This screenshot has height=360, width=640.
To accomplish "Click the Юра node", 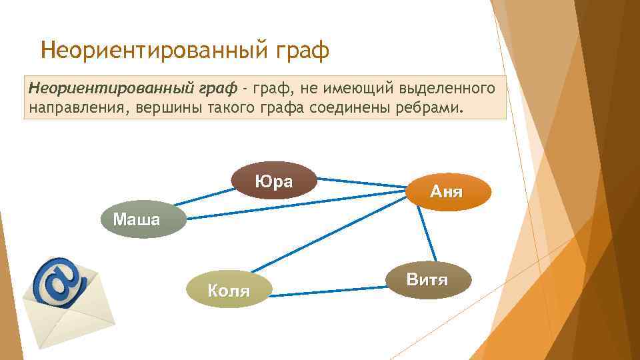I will pyautogui.click(x=273, y=181).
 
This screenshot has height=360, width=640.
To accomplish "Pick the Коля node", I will pyautogui.click(x=229, y=290).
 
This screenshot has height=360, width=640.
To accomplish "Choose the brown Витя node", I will pyautogui.click(x=427, y=279).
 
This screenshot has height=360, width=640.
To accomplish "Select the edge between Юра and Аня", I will pyautogui.click(x=360, y=183).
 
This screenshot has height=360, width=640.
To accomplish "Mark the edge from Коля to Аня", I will pyautogui.click(x=327, y=230).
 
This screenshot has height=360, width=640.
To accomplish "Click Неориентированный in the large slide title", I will pyautogui.click(x=157, y=51).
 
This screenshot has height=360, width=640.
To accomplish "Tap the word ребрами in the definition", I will pyautogui.click(x=427, y=107).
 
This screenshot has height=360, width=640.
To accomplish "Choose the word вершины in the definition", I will pyautogui.click(x=160, y=107).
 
